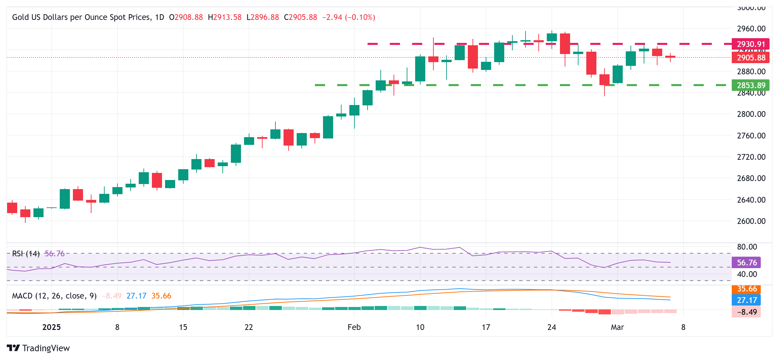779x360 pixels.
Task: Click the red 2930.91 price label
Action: tap(750, 44)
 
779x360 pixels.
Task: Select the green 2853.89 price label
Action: tap(750, 85)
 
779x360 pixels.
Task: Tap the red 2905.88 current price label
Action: tap(750, 58)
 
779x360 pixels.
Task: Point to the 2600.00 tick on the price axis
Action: tap(751, 221)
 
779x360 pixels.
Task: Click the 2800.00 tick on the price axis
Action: tap(751, 114)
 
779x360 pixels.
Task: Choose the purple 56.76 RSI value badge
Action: tap(746, 263)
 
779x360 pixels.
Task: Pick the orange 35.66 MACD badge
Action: tap(746, 289)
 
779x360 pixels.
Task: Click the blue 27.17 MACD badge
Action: tap(746, 300)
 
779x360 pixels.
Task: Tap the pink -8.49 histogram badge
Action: tap(746, 312)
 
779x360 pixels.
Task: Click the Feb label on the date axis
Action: tap(354, 327)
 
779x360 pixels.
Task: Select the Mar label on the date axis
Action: tap(617, 327)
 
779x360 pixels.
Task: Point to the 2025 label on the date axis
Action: tap(51, 327)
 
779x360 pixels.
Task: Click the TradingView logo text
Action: tap(46, 348)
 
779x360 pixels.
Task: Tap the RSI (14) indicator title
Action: tap(26, 254)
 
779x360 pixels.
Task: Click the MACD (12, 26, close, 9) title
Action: tap(54, 296)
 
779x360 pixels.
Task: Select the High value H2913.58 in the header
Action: tap(224, 17)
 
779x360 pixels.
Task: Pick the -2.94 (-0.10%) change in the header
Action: tap(349, 17)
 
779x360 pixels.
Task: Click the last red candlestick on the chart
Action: tap(670, 57)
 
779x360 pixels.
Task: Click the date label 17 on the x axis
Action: tap(486, 327)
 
